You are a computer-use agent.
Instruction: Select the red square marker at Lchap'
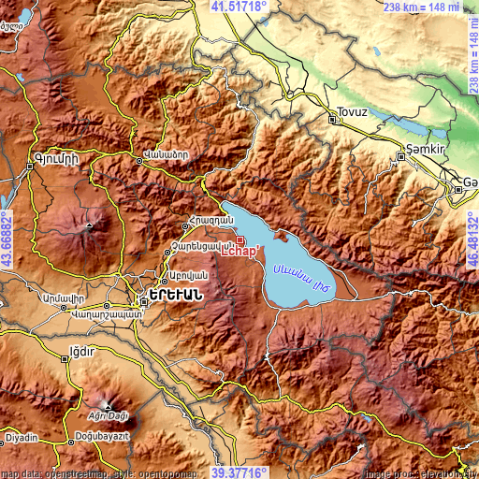tap(240, 239)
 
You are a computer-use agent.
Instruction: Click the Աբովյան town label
tap(185, 276)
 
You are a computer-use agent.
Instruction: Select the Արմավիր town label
tap(64, 297)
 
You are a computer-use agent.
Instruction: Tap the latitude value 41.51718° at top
tap(239, 7)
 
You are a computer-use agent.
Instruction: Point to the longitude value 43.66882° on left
tap(7, 239)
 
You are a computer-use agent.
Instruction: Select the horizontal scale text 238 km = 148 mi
tap(428, 7)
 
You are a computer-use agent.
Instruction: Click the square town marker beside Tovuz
tap(334, 118)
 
